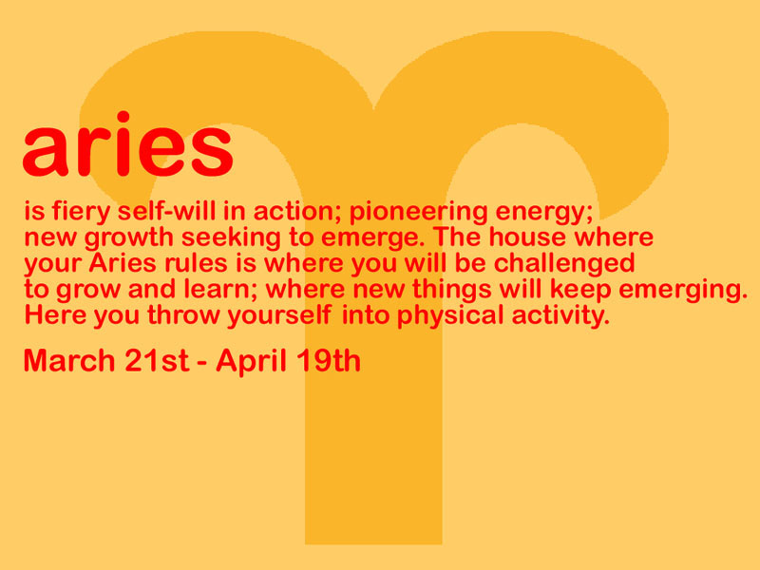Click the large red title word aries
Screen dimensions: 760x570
[128, 144]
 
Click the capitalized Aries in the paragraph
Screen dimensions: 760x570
[123, 263]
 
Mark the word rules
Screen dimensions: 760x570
[196, 263]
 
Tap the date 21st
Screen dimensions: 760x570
[157, 361]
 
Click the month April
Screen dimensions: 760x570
[251, 362]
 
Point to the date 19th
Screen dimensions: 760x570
[329, 361]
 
